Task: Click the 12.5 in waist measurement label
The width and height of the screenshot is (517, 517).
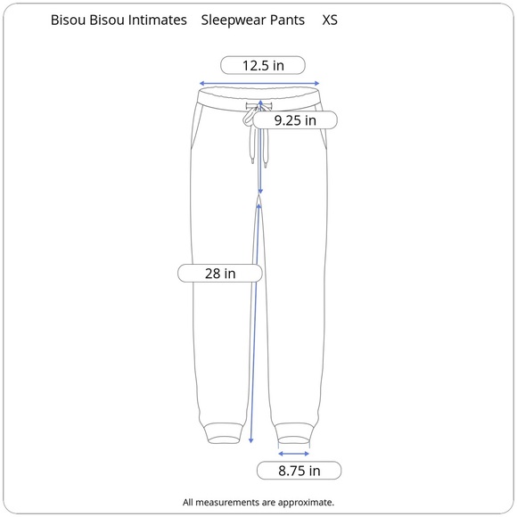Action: pyautogui.click(x=263, y=65)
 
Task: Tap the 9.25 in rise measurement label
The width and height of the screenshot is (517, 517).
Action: pyautogui.click(x=295, y=120)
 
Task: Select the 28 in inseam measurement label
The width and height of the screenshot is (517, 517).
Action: pyautogui.click(x=220, y=274)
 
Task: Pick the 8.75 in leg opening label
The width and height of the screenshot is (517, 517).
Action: pyautogui.click(x=299, y=471)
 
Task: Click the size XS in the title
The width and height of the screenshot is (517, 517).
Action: pyautogui.click(x=330, y=21)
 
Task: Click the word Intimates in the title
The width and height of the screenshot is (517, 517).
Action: pyautogui.click(x=157, y=21)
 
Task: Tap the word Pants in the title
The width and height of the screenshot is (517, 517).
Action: pyautogui.click(x=287, y=21)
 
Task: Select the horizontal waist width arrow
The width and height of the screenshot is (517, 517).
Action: pyautogui.click(x=259, y=84)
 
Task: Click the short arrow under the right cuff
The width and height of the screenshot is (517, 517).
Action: pyautogui.click(x=294, y=454)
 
